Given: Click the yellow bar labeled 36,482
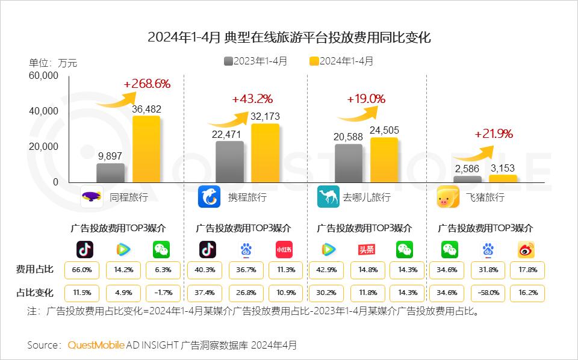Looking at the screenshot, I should coord(146,149).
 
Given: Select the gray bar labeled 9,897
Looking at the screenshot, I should coord(111,173).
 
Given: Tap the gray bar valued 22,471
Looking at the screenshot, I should coord(229,161).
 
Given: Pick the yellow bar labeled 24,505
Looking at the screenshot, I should coord(384,160).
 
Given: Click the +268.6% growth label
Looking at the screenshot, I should coord(147,84).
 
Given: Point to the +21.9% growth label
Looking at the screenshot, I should coord(494,134).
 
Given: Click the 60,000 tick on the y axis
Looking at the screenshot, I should coord(43,76).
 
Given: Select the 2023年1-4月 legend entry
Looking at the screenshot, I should coord(255,61).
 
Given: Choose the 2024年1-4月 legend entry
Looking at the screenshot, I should coord(341,61).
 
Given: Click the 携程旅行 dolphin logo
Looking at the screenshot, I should coord(209,197).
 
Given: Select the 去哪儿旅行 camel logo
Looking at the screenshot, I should coord(329,197).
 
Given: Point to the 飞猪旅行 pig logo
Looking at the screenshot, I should coord(448,197).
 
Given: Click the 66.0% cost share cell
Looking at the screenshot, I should coord(85,270).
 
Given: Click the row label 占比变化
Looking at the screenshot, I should coord(34,293).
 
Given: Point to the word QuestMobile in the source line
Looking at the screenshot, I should coord(96,345).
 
